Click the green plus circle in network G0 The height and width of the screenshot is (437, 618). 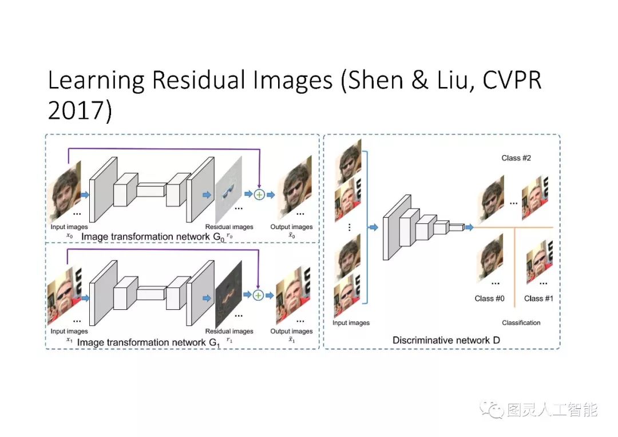pos(259,195)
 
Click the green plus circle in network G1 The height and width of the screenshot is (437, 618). pos(258,295)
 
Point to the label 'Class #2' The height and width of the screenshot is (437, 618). pos(516,158)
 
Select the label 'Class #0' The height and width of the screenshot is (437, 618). pos(489,298)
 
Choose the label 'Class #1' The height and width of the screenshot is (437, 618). pos(538,298)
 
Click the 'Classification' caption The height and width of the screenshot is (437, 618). pos(521,323)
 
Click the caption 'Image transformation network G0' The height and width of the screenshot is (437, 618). pos(154,237)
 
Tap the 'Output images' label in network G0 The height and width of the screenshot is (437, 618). pos(291,227)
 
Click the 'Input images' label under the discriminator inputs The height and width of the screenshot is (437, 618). pos(351,323)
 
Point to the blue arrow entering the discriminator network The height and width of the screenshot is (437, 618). pos(373,228)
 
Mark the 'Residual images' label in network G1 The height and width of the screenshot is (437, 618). pos(229,331)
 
